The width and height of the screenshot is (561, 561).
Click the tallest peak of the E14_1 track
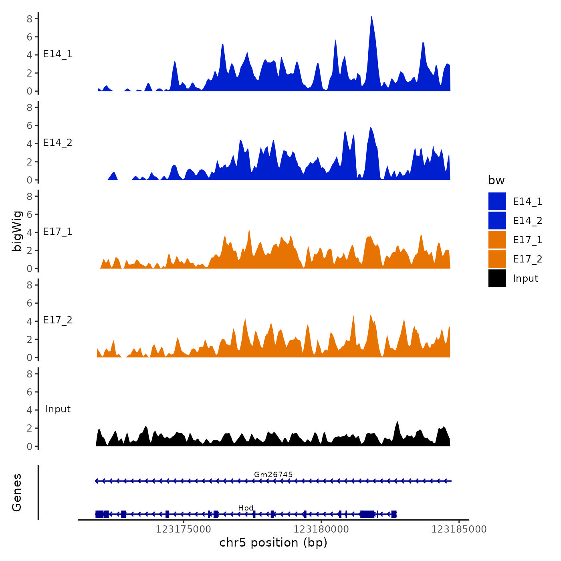371,18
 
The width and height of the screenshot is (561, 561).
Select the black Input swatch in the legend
497,278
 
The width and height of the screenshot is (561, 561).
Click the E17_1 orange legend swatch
497,240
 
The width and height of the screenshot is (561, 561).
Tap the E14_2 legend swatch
497,221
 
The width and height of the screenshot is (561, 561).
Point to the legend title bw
496,181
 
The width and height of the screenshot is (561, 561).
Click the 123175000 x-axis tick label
183,529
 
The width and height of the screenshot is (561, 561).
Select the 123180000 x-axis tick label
321,529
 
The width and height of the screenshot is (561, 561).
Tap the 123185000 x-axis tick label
459,529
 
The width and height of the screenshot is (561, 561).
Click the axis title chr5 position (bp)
273,543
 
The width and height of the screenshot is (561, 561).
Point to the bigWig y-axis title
17,231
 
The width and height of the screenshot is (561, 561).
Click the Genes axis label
17,492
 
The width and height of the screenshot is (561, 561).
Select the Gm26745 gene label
273,474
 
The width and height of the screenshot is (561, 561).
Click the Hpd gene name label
246,508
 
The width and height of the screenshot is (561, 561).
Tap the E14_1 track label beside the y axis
58,54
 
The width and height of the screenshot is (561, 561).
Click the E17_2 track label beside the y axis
58,320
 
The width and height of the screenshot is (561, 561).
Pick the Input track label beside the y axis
58,409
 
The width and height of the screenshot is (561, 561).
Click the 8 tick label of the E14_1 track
30,18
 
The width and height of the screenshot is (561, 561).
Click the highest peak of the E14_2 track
371,128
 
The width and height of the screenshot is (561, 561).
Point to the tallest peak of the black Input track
397,422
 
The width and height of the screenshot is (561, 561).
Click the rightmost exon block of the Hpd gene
394,514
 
